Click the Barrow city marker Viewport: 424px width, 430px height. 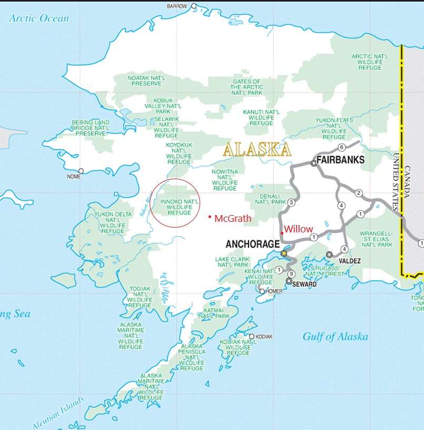[194, 6]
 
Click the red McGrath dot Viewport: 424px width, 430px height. [210, 217]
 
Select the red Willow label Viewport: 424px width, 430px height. [299, 229]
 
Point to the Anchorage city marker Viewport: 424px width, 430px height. [284, 253]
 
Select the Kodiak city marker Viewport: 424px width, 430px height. [252, 336]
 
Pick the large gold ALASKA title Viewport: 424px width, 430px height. [257, 150]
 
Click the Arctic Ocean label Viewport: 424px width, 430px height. [39, 18]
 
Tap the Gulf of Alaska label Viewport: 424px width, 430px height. [335, 337]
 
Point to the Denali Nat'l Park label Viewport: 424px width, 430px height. [270, 199]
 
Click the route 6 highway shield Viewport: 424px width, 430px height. [341, 147]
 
